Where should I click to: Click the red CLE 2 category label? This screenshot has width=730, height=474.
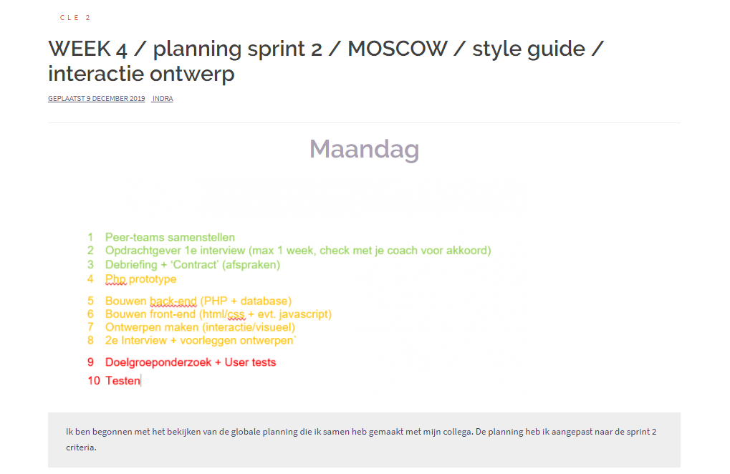coord(75,18)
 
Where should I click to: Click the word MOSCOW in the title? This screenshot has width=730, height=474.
coord(397,49)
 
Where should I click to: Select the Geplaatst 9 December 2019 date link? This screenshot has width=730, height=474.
coord(97,99)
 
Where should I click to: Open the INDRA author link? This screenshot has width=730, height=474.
coord(163,99)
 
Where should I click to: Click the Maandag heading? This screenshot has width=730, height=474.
coord(365,150)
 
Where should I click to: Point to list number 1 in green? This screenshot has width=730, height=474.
coord(90,237)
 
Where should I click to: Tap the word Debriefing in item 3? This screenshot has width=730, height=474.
coord(131,265)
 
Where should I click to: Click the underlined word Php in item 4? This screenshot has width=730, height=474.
coord(115,279)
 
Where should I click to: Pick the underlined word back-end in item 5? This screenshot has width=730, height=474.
coord(173,301)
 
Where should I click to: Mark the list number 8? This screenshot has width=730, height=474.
coord(90,341)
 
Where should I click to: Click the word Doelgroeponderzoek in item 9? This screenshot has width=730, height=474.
coord(158,362)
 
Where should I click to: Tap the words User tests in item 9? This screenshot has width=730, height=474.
coord(251,362)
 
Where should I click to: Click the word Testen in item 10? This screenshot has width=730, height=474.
coord(123,380)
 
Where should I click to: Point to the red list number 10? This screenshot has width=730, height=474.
coord(94,380)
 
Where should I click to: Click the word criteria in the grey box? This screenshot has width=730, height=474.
coord(81,448)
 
